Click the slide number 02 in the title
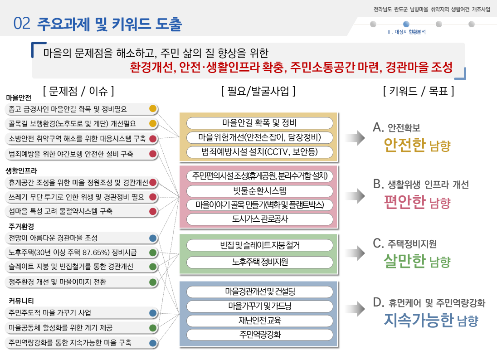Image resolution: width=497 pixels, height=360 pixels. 22,24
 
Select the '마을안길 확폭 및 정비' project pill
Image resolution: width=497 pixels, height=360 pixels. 259,123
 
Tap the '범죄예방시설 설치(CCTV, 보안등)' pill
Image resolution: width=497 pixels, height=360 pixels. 259,151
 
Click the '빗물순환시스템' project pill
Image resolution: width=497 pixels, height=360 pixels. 259,190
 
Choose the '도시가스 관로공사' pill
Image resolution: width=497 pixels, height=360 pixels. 259,219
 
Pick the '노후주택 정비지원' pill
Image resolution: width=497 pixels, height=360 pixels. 259,262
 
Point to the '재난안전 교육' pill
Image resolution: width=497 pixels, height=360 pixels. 259,321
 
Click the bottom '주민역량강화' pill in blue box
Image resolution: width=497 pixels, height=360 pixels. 259,335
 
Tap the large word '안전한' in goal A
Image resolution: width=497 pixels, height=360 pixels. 404,145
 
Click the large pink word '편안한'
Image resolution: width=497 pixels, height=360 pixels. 404,201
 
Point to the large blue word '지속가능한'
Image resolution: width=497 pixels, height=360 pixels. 418,320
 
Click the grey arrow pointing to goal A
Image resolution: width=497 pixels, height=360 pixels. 356,137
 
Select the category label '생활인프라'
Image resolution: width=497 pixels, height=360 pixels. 21,171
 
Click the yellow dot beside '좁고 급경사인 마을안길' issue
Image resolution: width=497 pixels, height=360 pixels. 153,109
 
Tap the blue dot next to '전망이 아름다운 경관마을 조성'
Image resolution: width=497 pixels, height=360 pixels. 153,238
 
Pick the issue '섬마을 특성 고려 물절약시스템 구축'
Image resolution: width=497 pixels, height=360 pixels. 60,211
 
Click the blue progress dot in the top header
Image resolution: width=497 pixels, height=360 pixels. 406,24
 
